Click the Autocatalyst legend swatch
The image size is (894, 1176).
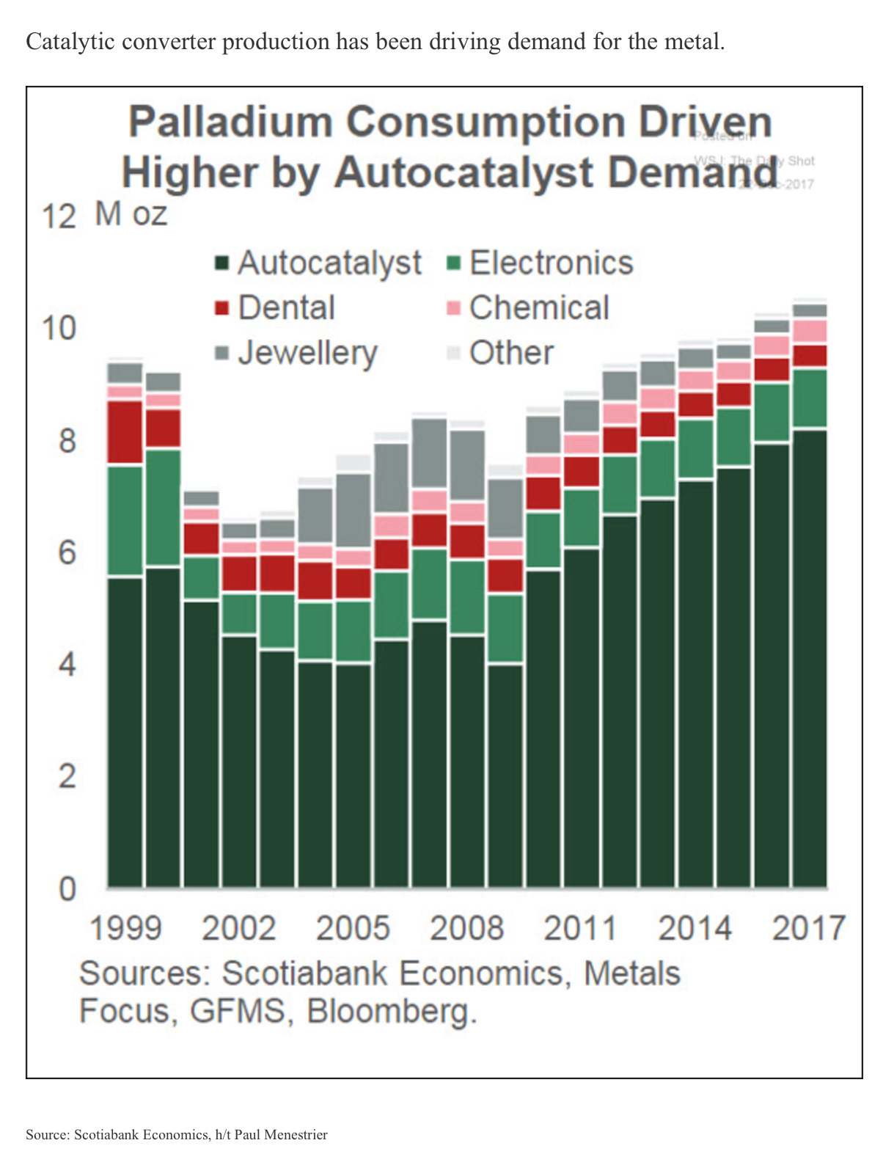click(222, 263)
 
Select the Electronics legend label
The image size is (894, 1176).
click(551, 263)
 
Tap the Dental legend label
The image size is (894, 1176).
click(286, 307)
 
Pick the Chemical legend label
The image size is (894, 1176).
click(539, 307)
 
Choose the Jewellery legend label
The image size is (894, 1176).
click(307, 353)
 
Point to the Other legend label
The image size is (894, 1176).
click(511, 353)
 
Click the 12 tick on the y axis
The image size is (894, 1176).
click(59, 217)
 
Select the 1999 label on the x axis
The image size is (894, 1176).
click(125, 928)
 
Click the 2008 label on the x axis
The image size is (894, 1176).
click(466, 928)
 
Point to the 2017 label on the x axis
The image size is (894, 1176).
click(809, 928)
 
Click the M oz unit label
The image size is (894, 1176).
click(131, 213)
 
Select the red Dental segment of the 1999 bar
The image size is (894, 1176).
click(125, 433)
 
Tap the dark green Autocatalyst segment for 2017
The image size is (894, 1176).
click(810, 660)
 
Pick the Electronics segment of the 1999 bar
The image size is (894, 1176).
click(125, 521)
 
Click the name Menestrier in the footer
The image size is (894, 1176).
click(294, 1135)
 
